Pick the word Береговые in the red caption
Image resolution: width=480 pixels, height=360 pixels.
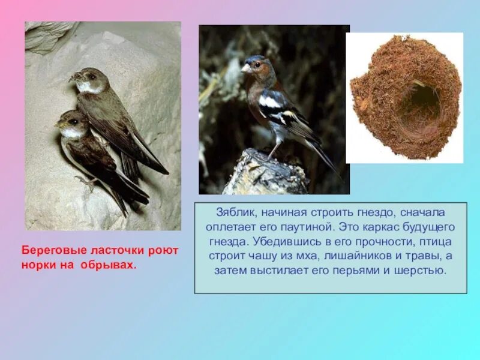tap(52, 250)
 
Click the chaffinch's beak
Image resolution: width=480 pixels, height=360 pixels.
tap(245, 69)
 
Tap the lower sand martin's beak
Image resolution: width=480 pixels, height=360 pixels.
tap(59, 125)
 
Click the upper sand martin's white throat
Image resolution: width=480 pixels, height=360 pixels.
tap(89, 88)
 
